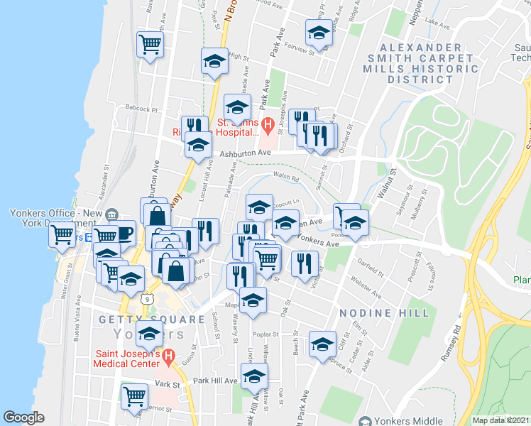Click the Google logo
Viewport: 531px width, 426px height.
[x=24, y=417]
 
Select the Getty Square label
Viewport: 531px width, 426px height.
[x=146, y=319]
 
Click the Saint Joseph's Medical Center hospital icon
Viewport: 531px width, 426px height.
[x=168, y=356]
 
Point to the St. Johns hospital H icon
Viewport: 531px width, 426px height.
[x=268, y=127]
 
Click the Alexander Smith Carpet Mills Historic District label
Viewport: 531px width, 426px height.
[x=421, y=63]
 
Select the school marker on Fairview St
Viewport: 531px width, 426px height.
[x=319, y=32]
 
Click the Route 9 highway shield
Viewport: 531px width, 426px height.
[x=146, y=300]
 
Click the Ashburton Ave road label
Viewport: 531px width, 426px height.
[x=246, y=153]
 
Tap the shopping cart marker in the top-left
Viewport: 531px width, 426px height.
[x=150, y=44]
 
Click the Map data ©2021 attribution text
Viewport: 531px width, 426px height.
[x=501, y=420]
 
